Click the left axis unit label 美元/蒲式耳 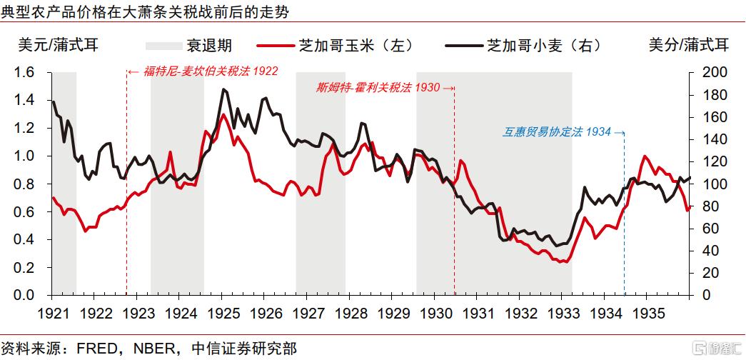pos(57,45)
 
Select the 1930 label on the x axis pos(434,313)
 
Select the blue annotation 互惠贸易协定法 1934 pos(558,132)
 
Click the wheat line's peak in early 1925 pos(224,89)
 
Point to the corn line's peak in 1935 pos(645,156)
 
